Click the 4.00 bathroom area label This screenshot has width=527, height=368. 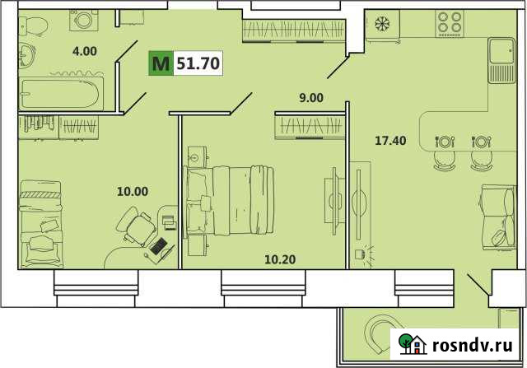[84, 51]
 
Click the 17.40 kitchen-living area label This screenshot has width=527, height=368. [389, 141]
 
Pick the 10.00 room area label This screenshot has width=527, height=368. [132, 191]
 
